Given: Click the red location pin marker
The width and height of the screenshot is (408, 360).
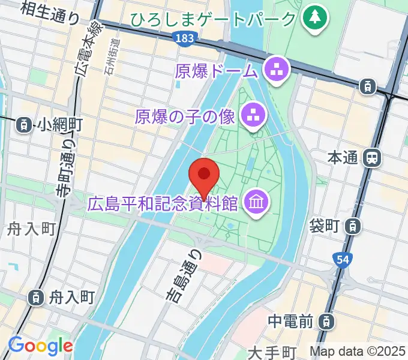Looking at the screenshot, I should click(204, 176).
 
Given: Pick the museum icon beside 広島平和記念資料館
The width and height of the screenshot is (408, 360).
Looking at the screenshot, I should click(257, 203).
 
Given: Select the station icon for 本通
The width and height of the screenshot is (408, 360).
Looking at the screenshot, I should click(373, 158).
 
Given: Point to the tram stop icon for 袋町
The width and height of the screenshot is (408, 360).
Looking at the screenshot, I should click(354, 226).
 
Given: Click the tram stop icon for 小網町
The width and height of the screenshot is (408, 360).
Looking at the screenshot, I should click(23, 125).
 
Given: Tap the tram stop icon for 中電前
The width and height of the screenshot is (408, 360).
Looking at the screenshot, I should click(327, 322).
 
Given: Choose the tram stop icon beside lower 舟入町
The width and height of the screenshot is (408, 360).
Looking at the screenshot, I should click(36, 296).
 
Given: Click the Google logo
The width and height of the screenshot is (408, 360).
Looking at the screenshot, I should click(40, 346).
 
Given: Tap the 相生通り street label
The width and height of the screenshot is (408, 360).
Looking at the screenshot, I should click(49, 12).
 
